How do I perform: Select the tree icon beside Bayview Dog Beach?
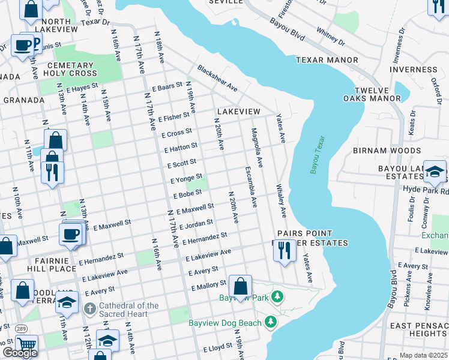point(271,322)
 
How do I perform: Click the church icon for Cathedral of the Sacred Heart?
point(89,310)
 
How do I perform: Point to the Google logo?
point(20,352)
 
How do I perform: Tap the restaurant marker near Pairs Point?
point(285,250)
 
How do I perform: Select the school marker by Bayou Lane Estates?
point(435,173)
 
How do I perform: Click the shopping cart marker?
point(26,344)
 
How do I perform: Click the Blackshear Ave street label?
point(217,79)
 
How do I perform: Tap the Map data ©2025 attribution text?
point(423,355)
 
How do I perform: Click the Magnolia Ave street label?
point(258,147)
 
